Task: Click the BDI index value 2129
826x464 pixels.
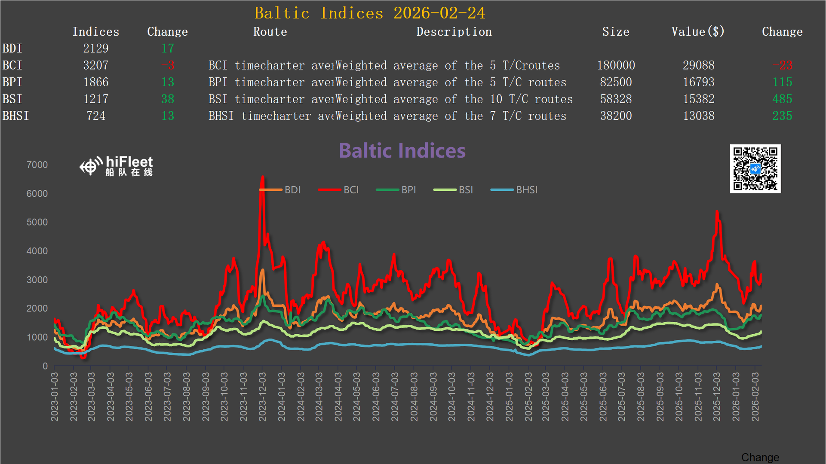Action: point(95,49)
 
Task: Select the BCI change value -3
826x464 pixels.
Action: point(168,65)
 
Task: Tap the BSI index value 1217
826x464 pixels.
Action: point(95,99)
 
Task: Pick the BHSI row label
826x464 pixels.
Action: point(16,116)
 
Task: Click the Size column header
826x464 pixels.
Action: point(616,32)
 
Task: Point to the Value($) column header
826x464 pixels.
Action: point(698,32)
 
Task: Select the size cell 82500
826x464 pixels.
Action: point(616,82)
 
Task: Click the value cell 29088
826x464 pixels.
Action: point(698,65)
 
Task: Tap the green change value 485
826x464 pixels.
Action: point(782,99)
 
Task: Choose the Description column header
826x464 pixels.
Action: point(454,32)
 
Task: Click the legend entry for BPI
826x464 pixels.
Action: point(396,190)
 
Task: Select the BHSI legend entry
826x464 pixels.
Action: point(514,190)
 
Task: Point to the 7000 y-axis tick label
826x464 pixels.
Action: point(37,165)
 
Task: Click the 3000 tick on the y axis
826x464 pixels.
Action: point(37,280)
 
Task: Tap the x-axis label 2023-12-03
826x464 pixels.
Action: point(262,397)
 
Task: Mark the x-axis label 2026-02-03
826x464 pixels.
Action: point(755,397)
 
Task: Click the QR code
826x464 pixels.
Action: point(755,169)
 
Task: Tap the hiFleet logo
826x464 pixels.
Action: point(117,166)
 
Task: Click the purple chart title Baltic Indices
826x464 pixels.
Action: point(402,151)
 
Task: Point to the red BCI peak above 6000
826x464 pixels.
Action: point(262,177)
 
